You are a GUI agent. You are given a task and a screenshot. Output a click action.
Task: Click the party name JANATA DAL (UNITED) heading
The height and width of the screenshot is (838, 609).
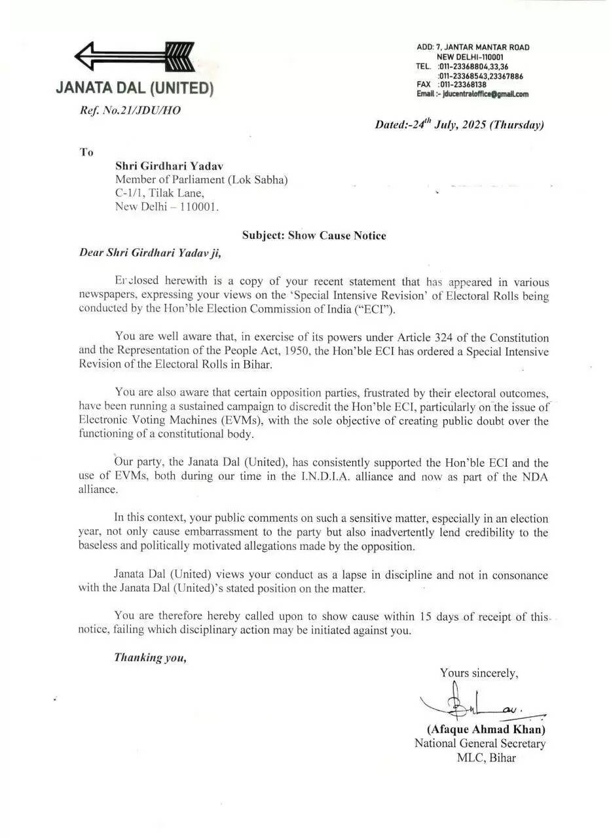point(134,88)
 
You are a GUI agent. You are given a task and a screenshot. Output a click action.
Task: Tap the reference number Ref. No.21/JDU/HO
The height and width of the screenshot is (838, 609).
point(130,110)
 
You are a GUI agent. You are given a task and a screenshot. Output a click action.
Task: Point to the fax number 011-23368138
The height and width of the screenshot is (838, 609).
point(463,85)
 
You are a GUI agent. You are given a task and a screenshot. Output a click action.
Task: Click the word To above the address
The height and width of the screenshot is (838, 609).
point(86,153)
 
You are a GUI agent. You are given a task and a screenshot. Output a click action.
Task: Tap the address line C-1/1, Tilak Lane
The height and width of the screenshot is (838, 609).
point(160,192)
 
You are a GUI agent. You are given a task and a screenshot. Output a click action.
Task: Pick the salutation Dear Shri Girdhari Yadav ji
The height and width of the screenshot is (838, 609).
point(150,252)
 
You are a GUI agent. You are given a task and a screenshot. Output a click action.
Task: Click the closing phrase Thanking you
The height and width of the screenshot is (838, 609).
point(151,657)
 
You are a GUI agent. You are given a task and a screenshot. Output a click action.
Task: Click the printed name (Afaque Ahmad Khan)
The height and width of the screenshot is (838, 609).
point(486,729)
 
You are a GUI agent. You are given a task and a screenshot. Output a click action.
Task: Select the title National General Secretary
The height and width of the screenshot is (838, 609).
point(479,743)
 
